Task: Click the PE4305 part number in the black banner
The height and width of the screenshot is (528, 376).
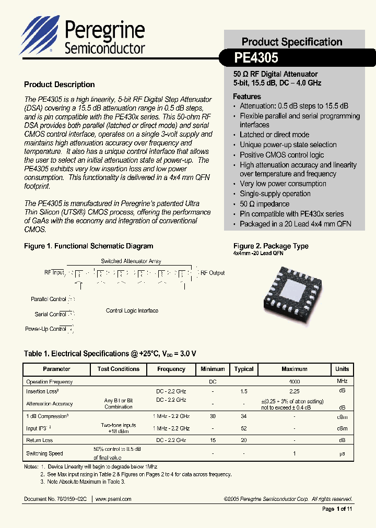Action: coord(256,57)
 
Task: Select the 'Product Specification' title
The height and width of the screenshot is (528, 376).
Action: coord(291,42)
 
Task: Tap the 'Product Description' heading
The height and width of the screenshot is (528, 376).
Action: coord(60,85)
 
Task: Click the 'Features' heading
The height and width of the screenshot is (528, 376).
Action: coord(247,97)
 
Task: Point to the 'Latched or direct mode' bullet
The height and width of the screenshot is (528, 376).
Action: coord(274,135)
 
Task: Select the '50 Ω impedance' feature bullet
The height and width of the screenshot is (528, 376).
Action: coord(264,204)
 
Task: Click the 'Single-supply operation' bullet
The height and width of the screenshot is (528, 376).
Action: coord(275,194)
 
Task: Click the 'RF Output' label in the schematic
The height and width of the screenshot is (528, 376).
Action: coord(213,273)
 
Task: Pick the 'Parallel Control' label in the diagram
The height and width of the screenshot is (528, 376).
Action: coord(49,299)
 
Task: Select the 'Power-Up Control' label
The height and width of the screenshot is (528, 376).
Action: coord(45,329)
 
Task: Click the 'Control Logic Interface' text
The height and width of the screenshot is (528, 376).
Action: coord(132,311)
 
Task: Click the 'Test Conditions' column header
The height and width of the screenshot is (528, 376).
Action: coord(119,369)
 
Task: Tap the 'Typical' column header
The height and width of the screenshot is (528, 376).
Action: coord(244,369)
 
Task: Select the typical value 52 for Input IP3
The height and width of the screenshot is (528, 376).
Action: coord(244,428)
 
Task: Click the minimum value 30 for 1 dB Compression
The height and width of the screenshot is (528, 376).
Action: coord(213,416)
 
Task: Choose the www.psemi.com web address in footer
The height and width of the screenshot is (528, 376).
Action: coord(113,499)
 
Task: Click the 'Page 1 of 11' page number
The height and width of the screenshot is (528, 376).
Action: coord(337,509)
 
